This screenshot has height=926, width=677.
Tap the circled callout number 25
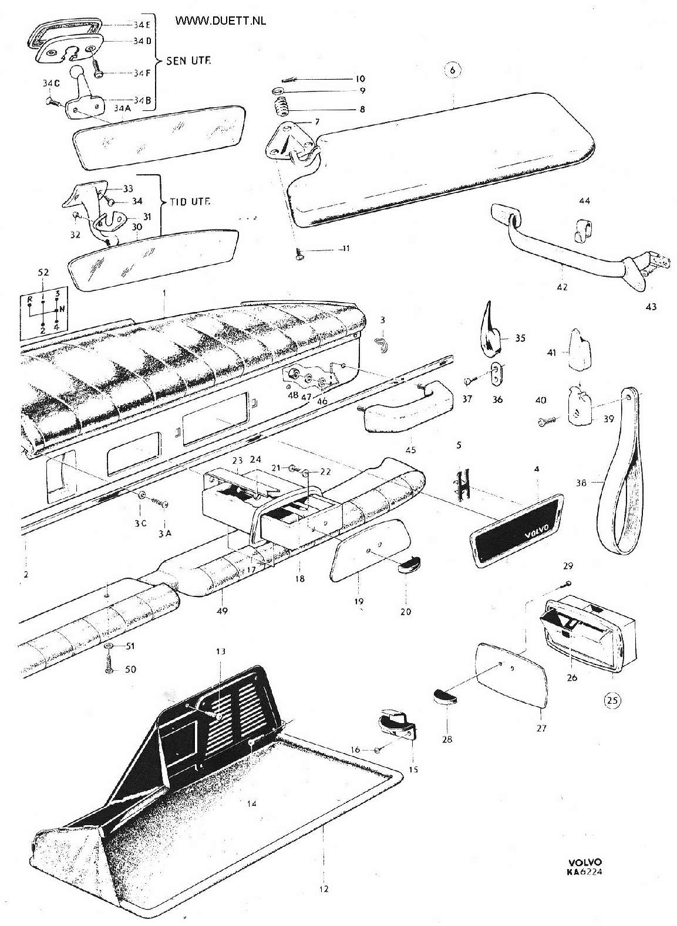pos(612,700)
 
